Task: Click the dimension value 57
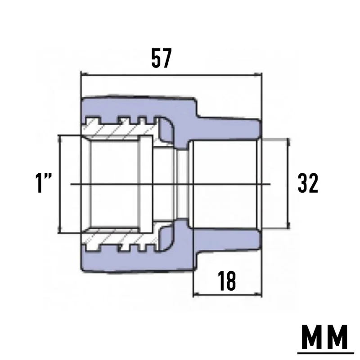pos(162,58)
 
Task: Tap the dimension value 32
pos(308,183)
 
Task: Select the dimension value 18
pos(227,281)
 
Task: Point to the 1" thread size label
pos(44,183)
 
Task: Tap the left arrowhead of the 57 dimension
pos(85,74)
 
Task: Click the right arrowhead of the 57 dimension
pos(258,74)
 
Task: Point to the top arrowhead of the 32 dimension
pos(288,142)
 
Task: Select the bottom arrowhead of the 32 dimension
pos(288,225)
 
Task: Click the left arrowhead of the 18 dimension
pos(197,294)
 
